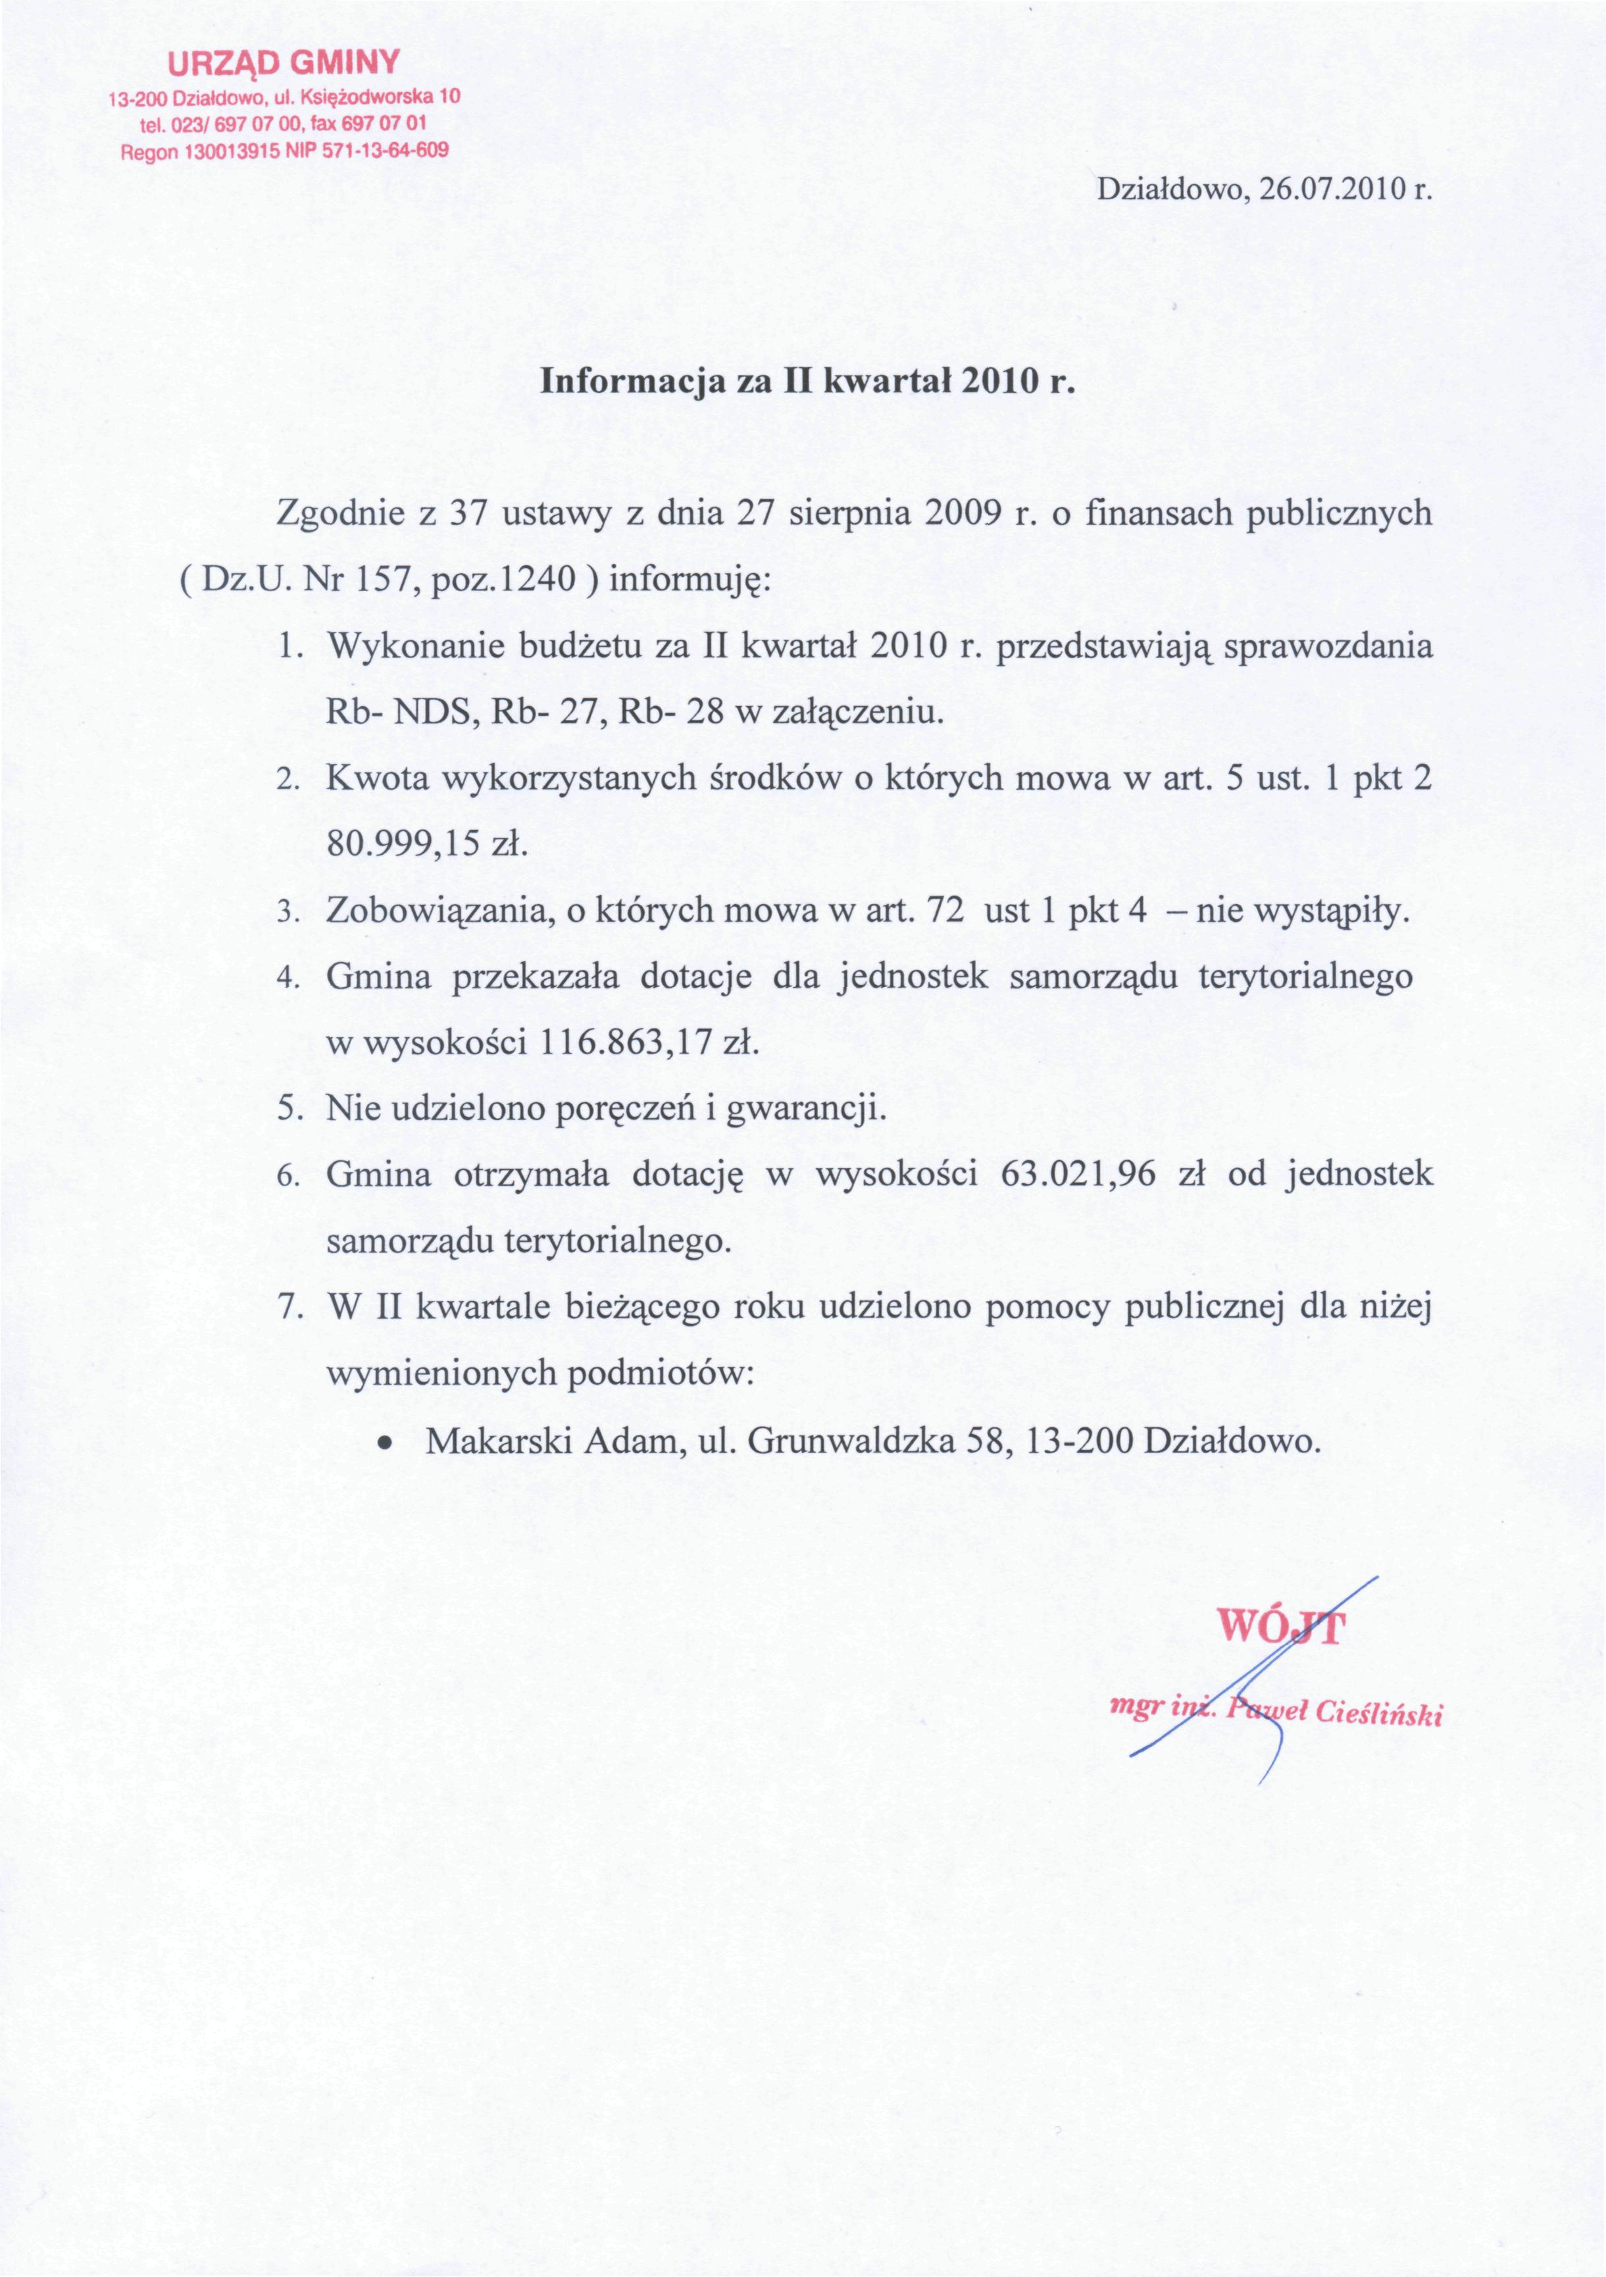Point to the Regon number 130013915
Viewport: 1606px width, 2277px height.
(x=217, y=153)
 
